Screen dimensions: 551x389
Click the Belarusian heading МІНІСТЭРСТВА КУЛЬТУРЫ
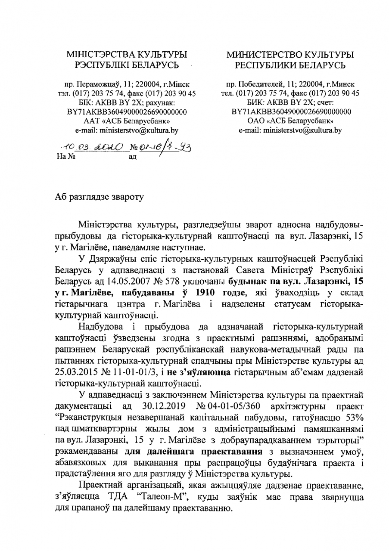[126, 55]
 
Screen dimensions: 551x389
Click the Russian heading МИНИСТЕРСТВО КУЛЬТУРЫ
[290, 55]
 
